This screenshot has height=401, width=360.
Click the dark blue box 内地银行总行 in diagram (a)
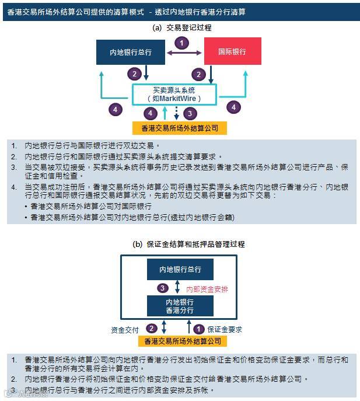[131, 52]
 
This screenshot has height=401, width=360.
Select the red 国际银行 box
[232, 51]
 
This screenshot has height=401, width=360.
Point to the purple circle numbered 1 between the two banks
[183, 43]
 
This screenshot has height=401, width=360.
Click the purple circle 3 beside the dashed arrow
[188, 113]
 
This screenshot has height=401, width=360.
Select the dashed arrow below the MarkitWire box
[176, 114]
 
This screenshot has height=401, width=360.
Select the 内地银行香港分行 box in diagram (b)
[180, 306]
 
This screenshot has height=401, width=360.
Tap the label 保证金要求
[225, 330]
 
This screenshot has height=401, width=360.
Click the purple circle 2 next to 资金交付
[152, 329]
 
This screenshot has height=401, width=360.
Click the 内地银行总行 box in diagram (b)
[180, 270]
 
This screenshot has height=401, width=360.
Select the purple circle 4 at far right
[234, 107]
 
